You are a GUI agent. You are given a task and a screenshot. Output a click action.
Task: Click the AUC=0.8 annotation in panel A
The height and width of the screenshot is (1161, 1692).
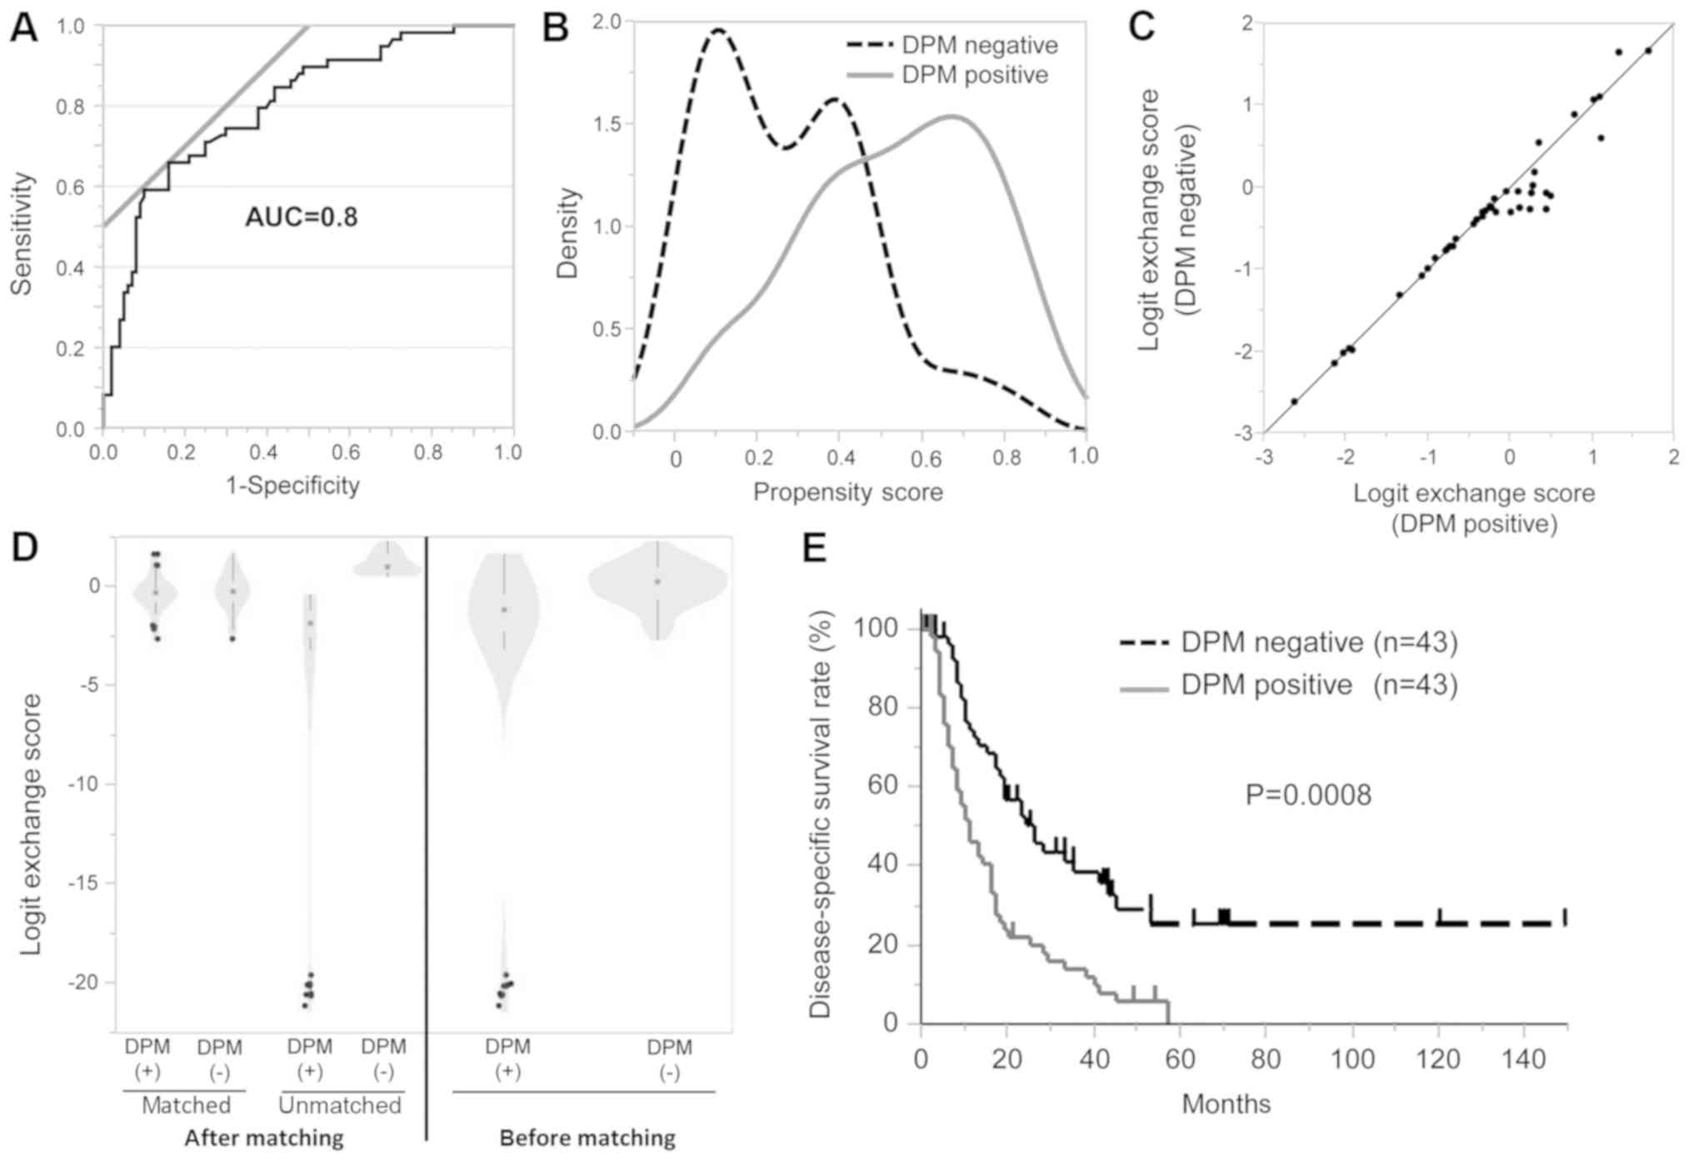(x=301, y=217)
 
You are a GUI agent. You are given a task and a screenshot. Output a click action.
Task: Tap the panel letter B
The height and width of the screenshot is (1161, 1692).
(x=555, y=28)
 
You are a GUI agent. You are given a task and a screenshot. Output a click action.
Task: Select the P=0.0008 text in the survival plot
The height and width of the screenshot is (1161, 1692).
(x=1308, y=795)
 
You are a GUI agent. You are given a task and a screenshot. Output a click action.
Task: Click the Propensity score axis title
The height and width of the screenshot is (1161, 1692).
(x=847, y=491)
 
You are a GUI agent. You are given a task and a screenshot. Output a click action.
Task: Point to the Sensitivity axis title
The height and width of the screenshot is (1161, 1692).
(x=22, y=233)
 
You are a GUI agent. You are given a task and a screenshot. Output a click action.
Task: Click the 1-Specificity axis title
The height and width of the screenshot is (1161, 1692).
(x=293, y=485)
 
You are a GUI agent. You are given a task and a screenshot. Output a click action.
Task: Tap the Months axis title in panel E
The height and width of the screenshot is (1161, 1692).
(x=1226, y=1104)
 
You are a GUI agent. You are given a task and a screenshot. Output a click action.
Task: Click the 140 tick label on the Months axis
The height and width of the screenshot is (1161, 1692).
(x=1524, y=1059)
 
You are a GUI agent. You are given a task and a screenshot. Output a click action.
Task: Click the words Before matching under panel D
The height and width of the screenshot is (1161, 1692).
(x=587, y=1137)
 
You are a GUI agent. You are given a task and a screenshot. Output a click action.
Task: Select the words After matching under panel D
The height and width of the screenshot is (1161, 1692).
(x=264, y=1137)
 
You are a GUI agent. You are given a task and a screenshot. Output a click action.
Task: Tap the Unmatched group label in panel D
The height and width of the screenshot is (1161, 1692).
(x=340, y=1105)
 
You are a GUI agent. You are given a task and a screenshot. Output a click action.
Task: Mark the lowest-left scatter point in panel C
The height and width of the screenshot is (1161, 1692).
(x=1294, y=401)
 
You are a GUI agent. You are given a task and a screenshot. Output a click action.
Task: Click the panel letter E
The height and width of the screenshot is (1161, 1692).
(x=814, y=549)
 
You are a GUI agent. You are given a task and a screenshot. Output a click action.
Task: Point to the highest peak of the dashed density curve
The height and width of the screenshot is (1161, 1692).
(x=717, y=30)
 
